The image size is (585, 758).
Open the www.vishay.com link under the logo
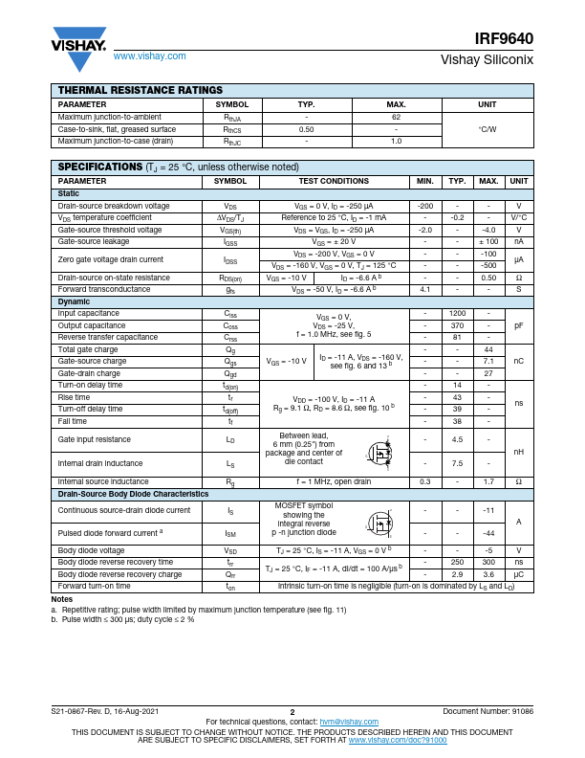point(150,56)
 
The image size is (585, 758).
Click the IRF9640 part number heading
point(505,39)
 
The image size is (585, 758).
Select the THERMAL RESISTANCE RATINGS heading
point(141,90)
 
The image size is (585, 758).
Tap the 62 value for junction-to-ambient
point(396,117)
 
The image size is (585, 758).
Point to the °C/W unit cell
point(487,129)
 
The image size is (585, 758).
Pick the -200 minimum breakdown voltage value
point(426,206)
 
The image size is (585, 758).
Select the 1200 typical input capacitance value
point(457,314)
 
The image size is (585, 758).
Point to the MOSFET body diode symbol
point(381,524)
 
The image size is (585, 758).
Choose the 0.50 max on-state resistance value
point(488,278)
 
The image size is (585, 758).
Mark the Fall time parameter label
point(73,420)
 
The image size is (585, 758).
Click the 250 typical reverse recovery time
point(457,562)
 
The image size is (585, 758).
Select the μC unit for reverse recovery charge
point(518,573)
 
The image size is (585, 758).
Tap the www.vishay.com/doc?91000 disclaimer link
point(397,740)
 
